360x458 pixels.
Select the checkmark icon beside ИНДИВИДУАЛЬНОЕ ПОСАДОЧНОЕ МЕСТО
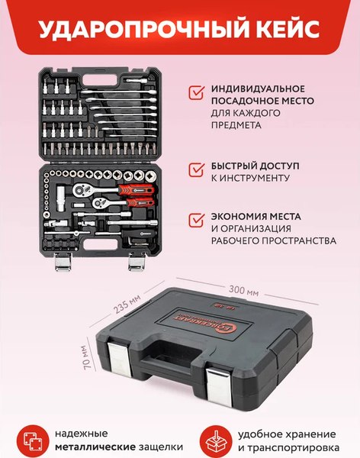click(x=196, y=93)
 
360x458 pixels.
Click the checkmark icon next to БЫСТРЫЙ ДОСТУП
click(x=196, y=169)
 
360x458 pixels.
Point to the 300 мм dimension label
click(x=243, y=291)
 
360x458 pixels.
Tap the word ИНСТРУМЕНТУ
click(x=255, y=178)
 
